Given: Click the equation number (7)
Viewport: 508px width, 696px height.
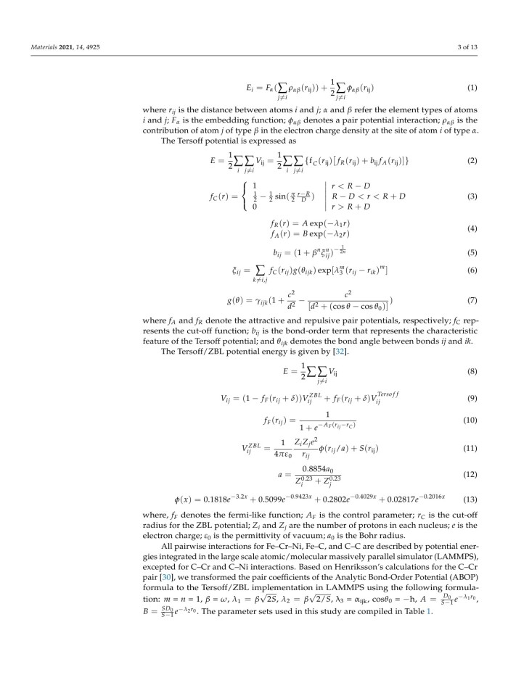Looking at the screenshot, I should tap(472, 299).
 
